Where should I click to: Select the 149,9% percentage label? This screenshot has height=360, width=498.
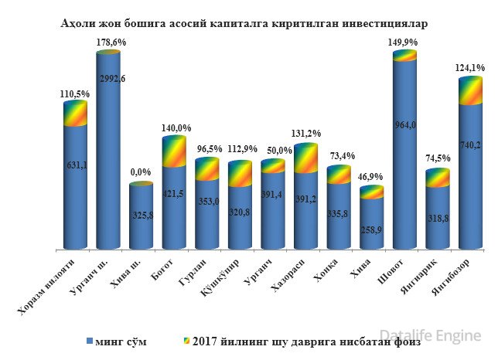coord(404,43)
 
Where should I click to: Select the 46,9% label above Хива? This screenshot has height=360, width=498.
coord(372,178)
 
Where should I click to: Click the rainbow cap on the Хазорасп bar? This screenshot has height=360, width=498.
coord(305,158)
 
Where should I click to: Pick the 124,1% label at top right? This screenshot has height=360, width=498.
coord(469,69)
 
